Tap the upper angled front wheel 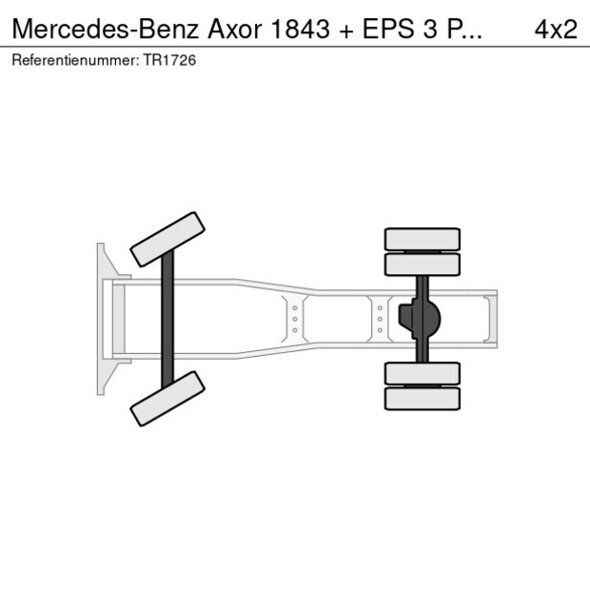click(167, 239)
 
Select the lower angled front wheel click(167, 398)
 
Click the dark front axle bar click(167, 319)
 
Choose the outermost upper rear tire click(422, 239)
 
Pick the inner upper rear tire click(422, 264)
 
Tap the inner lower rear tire click(422, 373)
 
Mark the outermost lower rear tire click(422, 398)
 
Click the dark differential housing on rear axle click(420, 319)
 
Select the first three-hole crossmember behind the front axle click(295, 319)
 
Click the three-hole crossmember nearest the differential click(380, 319)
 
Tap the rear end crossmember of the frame click(490, 319)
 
